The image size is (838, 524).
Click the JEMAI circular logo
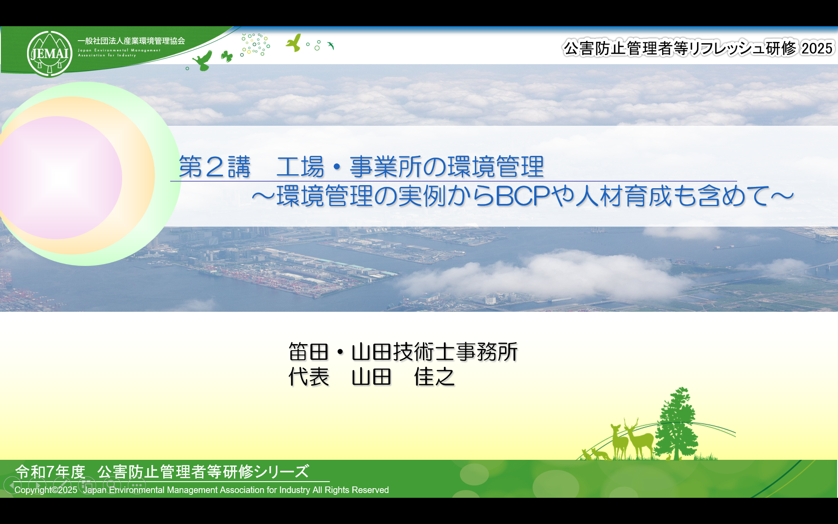[x=49, y=54]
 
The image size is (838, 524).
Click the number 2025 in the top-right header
[x=817, y=48]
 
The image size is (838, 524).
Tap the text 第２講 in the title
[x=215, y=167]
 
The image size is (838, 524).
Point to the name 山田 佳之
[x=403, y=377]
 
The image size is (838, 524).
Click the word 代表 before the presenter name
[x=309, y=377]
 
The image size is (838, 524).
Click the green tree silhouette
[x=676, y=424]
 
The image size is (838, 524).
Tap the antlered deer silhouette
[x=639, y=439]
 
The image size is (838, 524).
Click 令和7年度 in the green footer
[x=50, y=472]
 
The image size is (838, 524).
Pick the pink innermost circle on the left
[x=59, y=177]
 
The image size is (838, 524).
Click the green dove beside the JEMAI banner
[x=203, y=60]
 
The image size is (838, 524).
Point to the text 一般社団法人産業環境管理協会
[x=131, y=41]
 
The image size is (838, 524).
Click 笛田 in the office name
[x=309, y=352]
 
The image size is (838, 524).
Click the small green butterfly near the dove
[x=227, y=56]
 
